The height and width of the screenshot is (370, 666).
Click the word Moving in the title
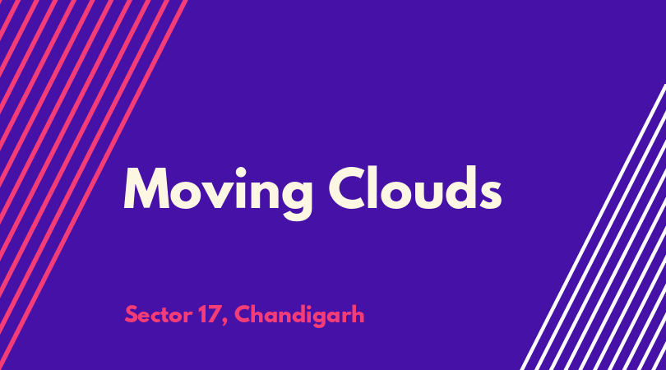pyautogui.click(x=219, y=193)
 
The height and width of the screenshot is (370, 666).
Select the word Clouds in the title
pyautogui.click(x=415, y=187)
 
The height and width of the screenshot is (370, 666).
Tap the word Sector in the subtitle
pyautogui.click(x=158, y=315)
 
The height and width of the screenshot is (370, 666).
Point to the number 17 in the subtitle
pyautogui.click(x=208, y=315)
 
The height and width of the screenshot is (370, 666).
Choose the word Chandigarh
pyautogui.click(x=299, y=315)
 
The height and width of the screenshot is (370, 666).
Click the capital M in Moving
pyautogui.click(x=146, y=188)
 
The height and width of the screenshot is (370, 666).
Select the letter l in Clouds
pyautogui.click(x=375, y=187)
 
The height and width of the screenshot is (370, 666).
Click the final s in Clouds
pyautogui.click(x=491, y=194)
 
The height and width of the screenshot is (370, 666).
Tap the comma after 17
pyautogui.click(x=224, y=322)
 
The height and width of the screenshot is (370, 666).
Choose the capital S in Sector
pyautogui.click(x=132, y=315)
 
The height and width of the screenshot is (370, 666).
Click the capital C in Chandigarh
pyautogui.click(x=243, y=315)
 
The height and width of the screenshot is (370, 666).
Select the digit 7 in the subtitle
pyautogui.click(x=213, y=315)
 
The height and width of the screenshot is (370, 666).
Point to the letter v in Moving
pyautogui.click(x=220, y=194)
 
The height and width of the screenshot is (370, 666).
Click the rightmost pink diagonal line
pyautogui.click(x=93, y=185)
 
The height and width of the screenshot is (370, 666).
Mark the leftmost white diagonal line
pyautogui.click(x=593, y=227)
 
